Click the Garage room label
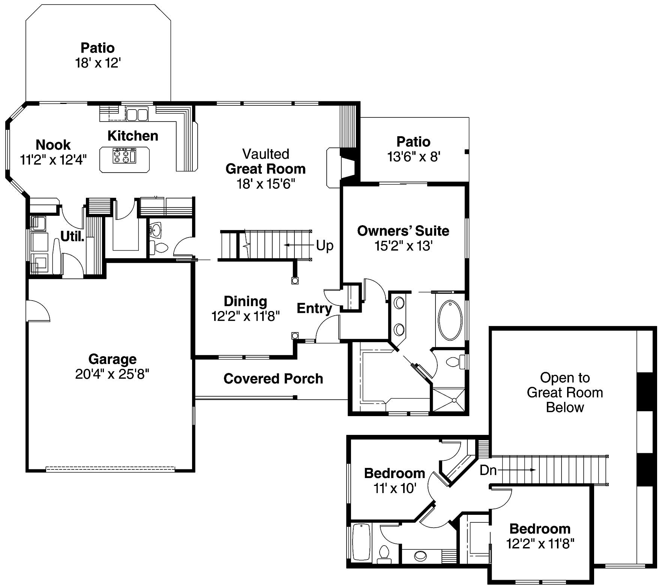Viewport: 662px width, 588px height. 112,359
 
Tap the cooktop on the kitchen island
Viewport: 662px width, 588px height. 124,156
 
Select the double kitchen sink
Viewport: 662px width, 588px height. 137,114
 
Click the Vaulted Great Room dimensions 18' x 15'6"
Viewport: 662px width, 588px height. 266,184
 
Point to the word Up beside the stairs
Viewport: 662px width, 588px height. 324,245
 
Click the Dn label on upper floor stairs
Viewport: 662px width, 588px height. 488,470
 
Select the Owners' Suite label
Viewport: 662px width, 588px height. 403,231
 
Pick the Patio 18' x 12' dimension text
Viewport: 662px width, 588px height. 98,63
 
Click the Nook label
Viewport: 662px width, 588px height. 53,144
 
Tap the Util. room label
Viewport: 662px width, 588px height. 72,236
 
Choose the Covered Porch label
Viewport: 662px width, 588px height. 273,379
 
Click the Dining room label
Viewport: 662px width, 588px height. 245,301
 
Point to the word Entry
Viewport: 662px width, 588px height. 314,308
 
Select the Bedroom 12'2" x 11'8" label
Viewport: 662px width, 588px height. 540,529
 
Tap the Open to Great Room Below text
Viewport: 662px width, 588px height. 565,393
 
